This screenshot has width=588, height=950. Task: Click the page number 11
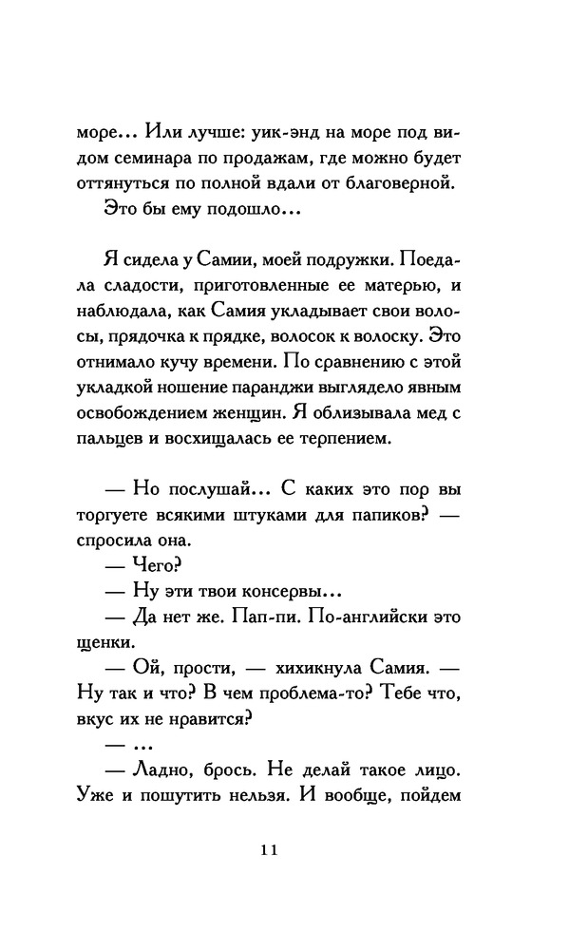[266, 850]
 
